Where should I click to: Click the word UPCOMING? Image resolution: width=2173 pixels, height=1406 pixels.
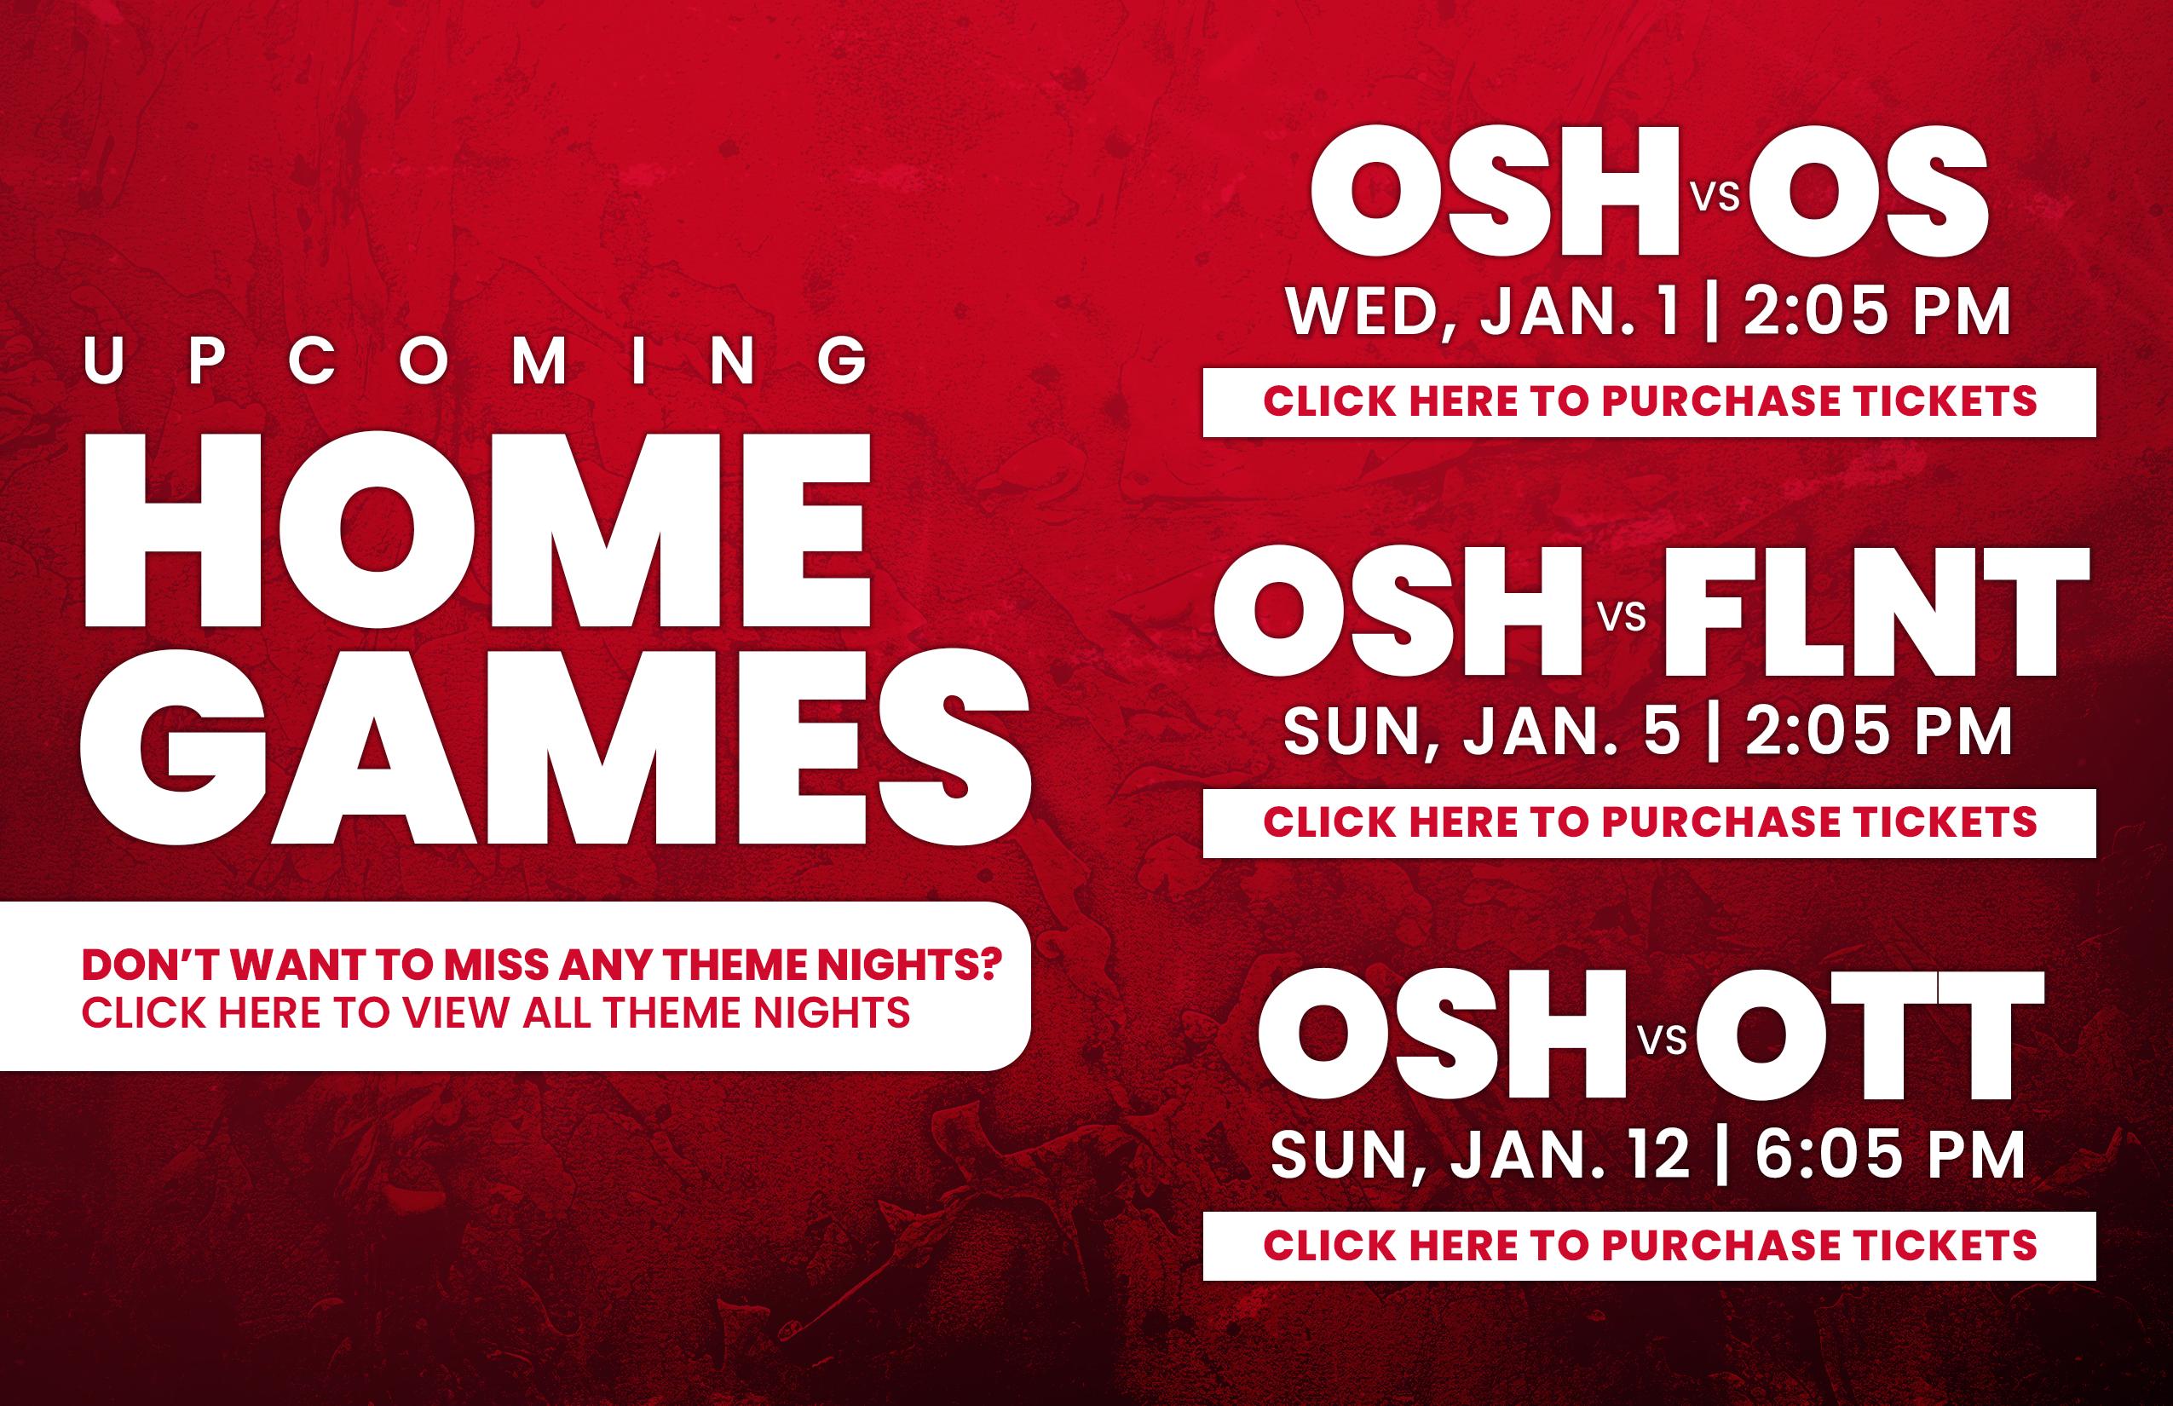(476, 360)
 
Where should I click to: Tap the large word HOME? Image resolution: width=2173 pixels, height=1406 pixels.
(477, 529)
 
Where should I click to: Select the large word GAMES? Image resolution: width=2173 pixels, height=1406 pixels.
(555, 746)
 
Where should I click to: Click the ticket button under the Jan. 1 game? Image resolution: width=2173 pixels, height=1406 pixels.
(1649, 401)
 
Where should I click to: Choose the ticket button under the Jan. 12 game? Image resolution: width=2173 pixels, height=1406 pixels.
(1649, 1245)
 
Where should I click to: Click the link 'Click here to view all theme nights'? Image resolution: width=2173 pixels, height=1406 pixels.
(496, 1012)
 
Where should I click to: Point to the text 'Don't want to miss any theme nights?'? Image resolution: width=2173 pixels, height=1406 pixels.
(542, 965)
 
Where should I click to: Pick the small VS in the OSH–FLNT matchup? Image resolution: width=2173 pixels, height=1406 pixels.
(1623, 617)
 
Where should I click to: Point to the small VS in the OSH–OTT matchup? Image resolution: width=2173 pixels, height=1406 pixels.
(1663, 1040)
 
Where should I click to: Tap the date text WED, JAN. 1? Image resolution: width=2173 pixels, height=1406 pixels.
(1483, 311)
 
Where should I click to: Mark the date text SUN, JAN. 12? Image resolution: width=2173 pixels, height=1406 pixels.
(1480, 1154)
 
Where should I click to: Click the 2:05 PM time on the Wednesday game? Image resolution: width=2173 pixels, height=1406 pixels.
(1877, 311)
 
